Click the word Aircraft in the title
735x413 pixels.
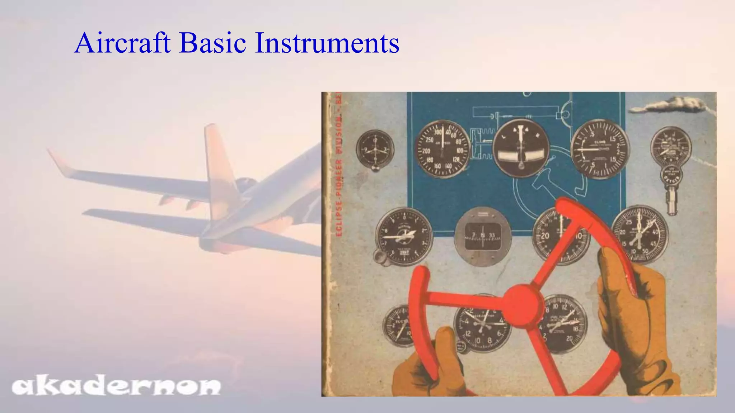pyautogui.click(x=122, y=43)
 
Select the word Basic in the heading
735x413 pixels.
pyautogui.click(x=212, y=43)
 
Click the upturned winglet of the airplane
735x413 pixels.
pyautogui.click(x=59, y=163)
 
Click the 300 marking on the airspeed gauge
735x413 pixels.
pyautogui.click(x=438, y=132)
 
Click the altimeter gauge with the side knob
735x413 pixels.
pyautogui.click(x=404, y=235)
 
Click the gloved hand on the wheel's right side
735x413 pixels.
pyautogui.click(x=635, y=308)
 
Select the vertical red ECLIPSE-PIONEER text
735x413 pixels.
pyautogui.click(x=338, y=165)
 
